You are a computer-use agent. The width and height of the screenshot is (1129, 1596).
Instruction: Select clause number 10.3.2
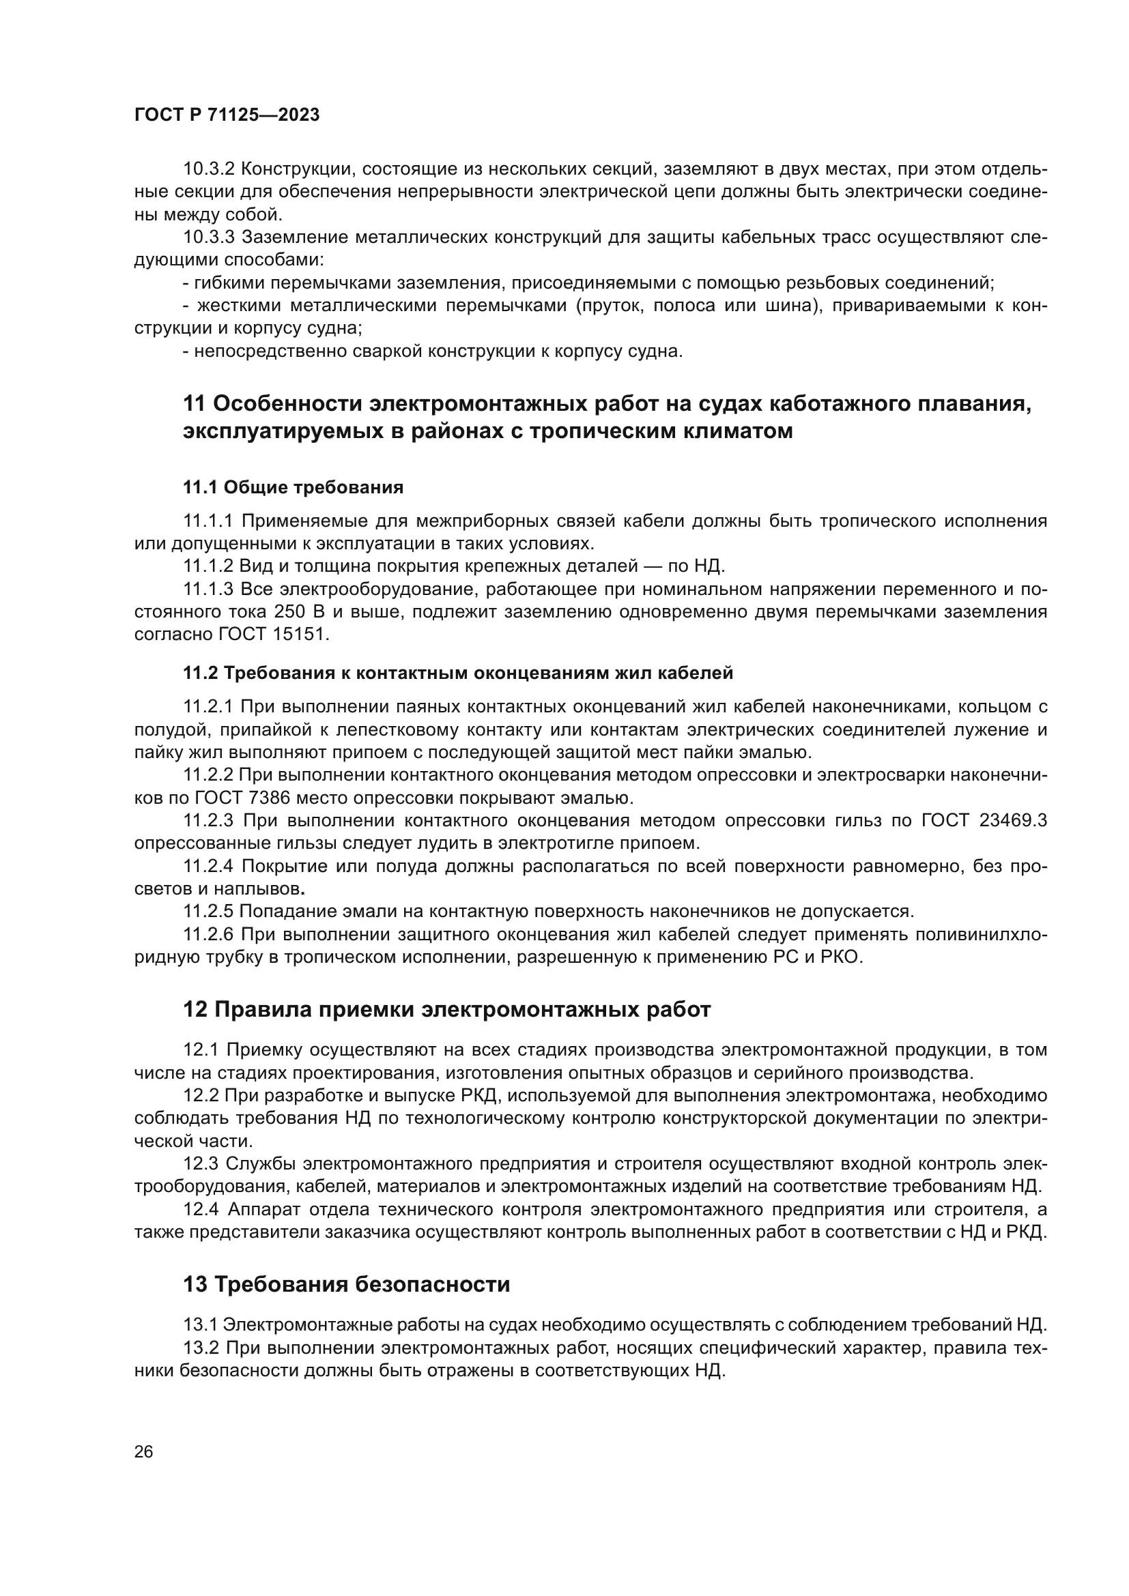[x=210, y=169]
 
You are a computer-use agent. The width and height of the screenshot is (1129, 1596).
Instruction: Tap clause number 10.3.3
[x=210, y=237]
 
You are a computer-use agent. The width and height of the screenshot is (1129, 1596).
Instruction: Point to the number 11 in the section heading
[x=194, y=403]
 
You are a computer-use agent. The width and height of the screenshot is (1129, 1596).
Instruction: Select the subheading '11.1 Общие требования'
[x=293, y=487]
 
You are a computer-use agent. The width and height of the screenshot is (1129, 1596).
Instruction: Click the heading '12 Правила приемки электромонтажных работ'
[x=446, y=1009]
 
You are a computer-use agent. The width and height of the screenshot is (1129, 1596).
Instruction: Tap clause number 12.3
[x=201, y=1163]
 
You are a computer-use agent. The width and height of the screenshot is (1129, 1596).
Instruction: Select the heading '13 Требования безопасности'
[x=346, y=1284]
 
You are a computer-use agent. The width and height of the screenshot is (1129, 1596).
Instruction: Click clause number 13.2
[x=201, y=1348]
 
